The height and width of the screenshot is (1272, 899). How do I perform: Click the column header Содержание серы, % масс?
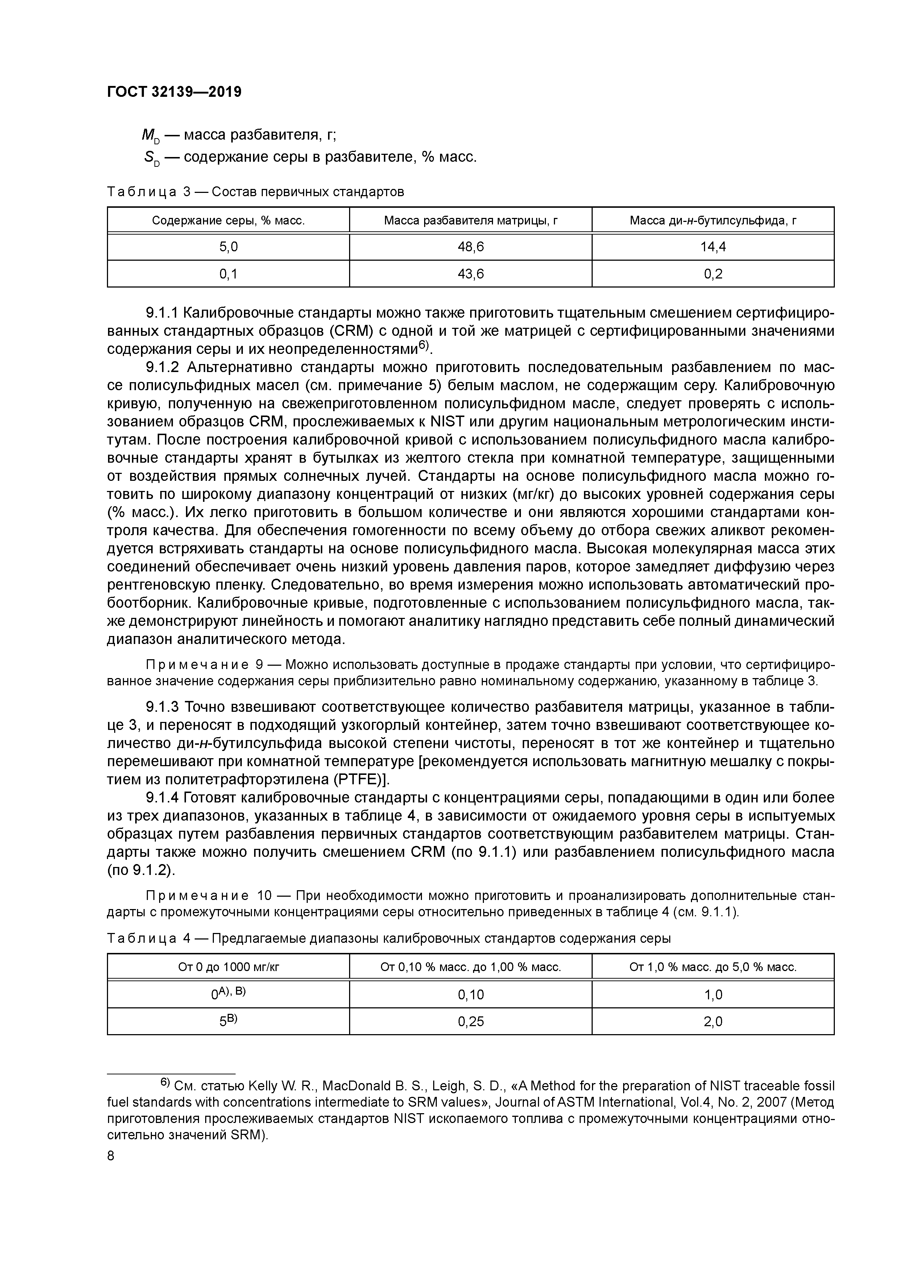[228, 220]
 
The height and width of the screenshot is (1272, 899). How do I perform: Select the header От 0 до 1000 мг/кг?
[228, 967]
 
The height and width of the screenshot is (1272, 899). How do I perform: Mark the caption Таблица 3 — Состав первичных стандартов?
[255, 192]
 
